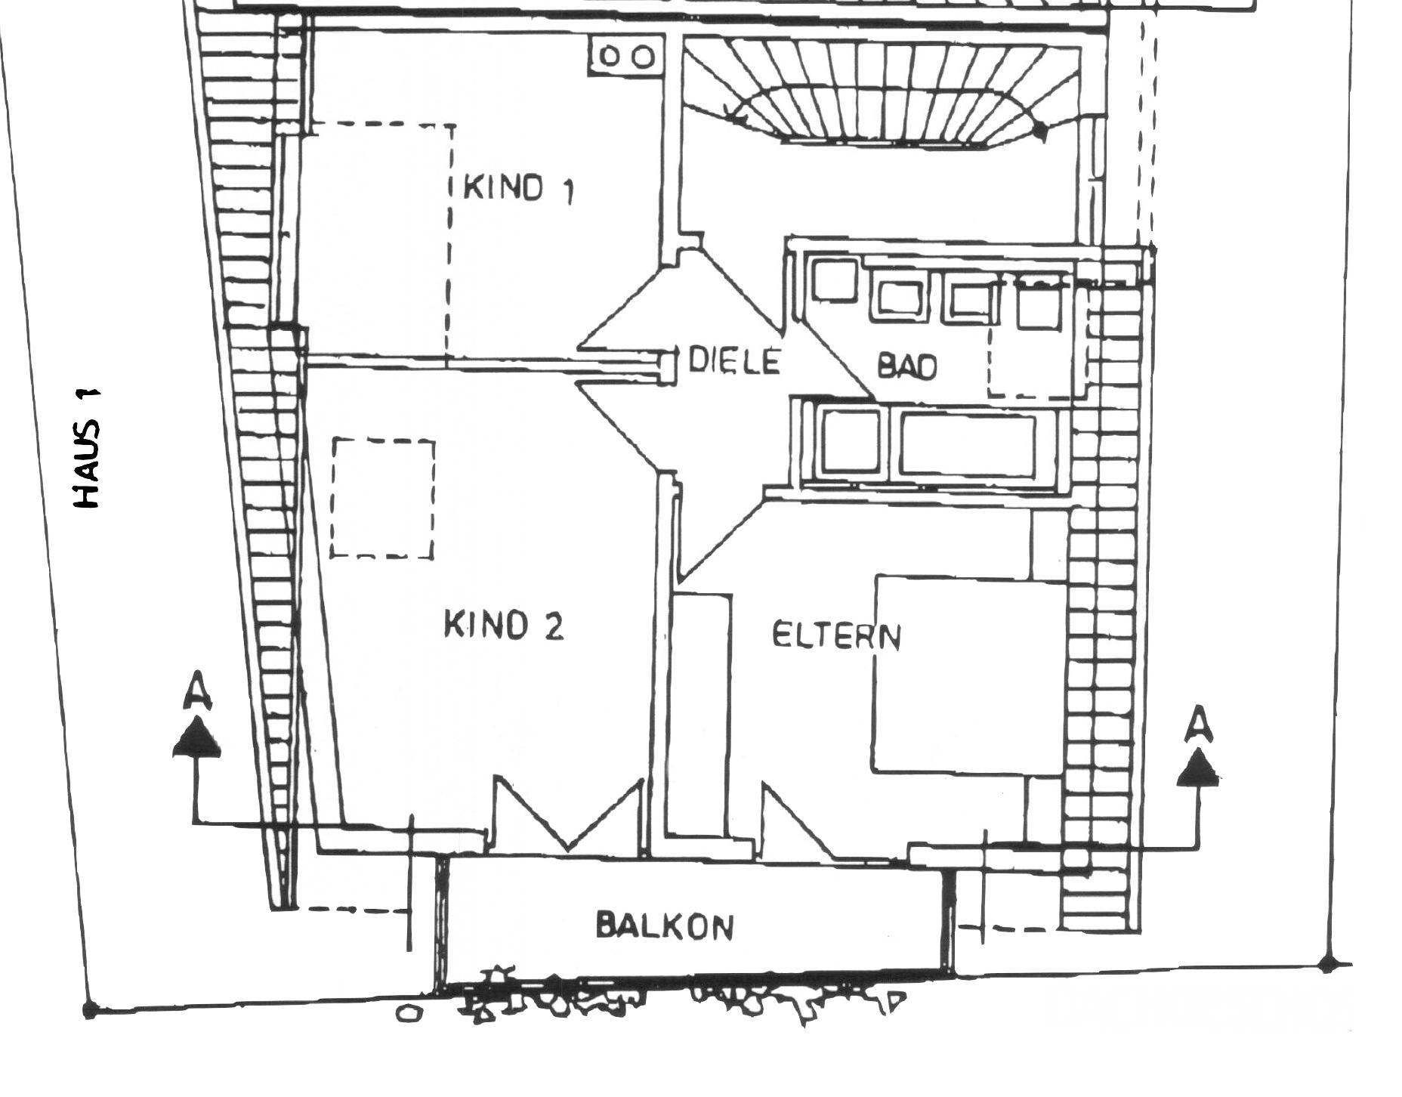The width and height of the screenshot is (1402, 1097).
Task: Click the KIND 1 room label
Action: coord(518,188)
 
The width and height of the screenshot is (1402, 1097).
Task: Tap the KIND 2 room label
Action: coord(504,626)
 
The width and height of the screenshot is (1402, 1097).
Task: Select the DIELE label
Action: coord(733,361)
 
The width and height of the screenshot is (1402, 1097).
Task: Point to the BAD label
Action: coord(906,366)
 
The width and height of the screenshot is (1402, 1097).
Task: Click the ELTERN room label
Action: coord(836,636)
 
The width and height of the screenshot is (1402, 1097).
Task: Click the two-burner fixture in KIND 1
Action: coord(626,57)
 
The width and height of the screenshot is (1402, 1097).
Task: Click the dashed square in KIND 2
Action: coord(383,498)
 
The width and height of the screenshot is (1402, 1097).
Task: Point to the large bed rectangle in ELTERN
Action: coord(969,675)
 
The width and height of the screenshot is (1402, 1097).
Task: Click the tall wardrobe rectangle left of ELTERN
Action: coord(702,715)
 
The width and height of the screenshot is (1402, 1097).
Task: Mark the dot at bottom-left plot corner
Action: coord(90,1009)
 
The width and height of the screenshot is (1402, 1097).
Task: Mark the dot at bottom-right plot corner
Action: coord(1327,964)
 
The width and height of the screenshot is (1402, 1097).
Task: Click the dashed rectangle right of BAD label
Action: coord(1037,338)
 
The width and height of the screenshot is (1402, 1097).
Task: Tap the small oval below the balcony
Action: coord(409,1013)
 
